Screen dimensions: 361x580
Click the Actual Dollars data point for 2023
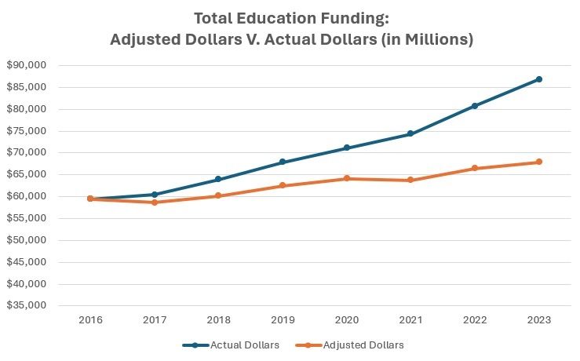point(539,79)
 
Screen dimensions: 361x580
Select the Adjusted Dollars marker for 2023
point(539,162)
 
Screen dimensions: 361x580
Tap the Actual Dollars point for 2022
point(475,106)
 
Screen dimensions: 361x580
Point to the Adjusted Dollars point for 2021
point(410,180)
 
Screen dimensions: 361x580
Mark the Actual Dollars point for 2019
point(283,162)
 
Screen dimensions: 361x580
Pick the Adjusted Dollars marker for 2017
point(155,202)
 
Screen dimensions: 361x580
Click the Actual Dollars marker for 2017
point(155,195)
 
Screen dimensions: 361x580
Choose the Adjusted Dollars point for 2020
point(347,179)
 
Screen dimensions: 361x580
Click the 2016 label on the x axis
point(90,320)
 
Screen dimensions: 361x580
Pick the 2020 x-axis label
point(347,320)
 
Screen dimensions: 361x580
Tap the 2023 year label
point(539,320)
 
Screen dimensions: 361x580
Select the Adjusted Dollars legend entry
point(358,345)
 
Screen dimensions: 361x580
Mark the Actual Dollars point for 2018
point(218,180)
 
